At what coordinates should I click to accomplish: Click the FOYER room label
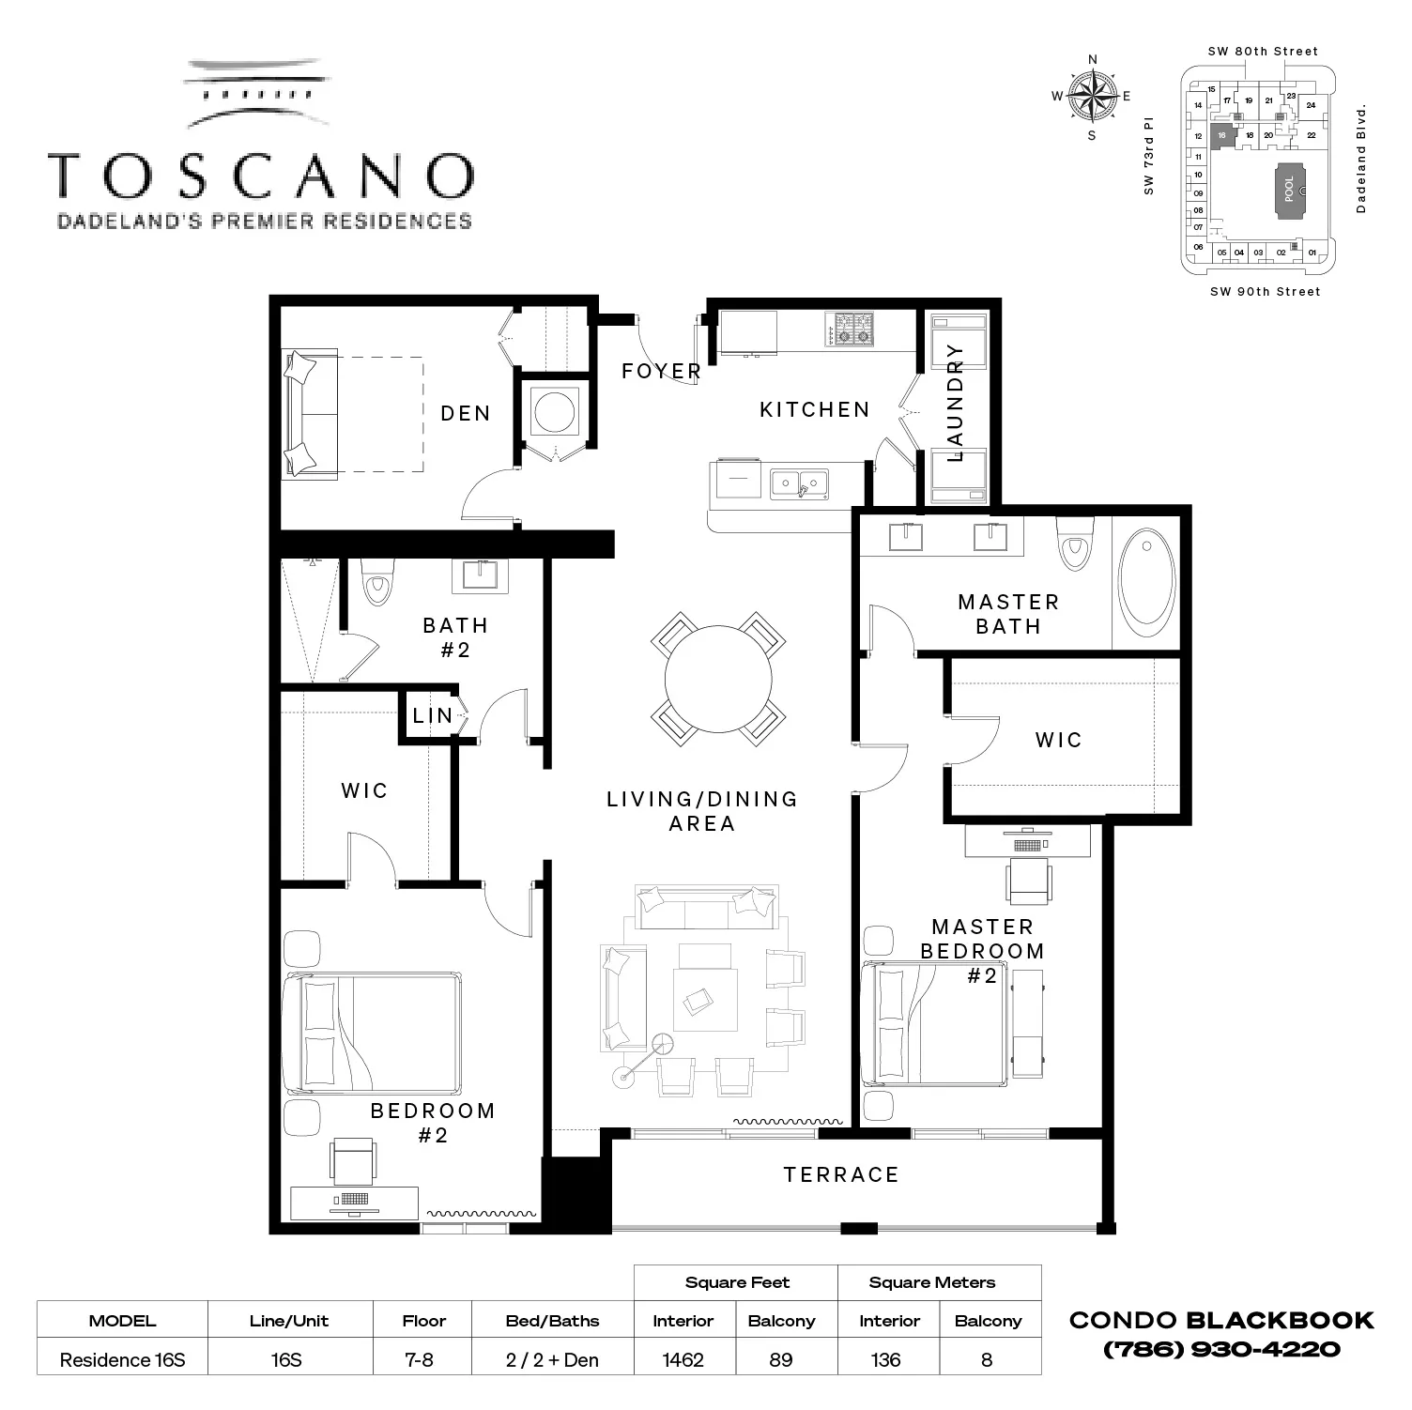click(x=661, y=372)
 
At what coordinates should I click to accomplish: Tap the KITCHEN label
click(x=814, y=410)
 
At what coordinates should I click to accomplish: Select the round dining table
click(x=718, y=679)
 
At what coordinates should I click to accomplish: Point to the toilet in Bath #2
click(x=377, y=583)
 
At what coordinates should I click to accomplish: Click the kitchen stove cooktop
click(x=849, y=330)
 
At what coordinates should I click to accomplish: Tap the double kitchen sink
click(x=799, y=483)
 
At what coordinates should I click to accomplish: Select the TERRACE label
click(x=841, y=1175)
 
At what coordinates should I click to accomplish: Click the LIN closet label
click(x=433, y=716)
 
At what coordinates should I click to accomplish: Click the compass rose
click(x=1092, y=96)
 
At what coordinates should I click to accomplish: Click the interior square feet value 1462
click(x=683, y=1359)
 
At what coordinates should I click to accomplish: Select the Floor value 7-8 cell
click(x=420, y=1359)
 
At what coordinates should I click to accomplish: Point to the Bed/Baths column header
click(x=552, y=1321)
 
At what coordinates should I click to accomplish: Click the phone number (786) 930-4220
click(x=1221, y=1350)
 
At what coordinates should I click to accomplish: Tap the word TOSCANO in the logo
click(x=261, y=176)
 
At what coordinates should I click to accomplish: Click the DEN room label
click(x=466, y=414)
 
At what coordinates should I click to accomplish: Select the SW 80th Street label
click(x=1263, y=52)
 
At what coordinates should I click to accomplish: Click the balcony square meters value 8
click(x=987, y=1359)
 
